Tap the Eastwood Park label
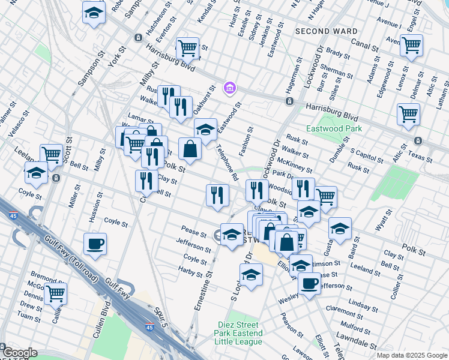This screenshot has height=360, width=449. [334, 128]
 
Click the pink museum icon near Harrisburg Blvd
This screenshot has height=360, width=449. [228, 89]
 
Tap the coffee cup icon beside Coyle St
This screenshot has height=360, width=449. [95, 244]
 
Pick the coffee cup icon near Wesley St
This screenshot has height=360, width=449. [310, 283]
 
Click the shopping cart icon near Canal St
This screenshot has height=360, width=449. [411, 45]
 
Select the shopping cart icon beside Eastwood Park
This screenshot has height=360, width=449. [408, 113]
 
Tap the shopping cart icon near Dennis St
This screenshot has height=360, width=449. [55, 294]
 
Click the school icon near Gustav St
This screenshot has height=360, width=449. [340, 229]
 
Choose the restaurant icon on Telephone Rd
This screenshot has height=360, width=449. [217, 194]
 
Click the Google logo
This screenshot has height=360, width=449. [19, 353]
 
